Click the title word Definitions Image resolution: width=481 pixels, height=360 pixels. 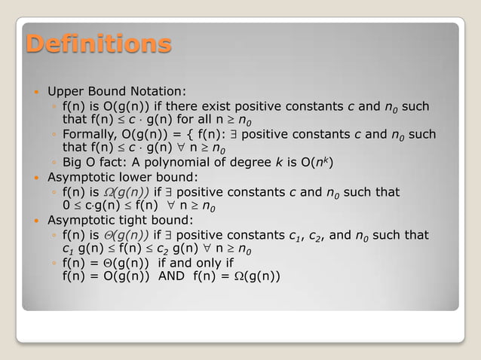(x=99, y=44)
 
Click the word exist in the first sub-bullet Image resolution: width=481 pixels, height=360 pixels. (x=201, y=106)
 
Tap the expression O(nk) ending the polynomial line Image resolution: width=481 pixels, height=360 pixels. (x=317, y=162)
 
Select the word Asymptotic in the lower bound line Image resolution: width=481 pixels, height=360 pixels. (x=79, y=178)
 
